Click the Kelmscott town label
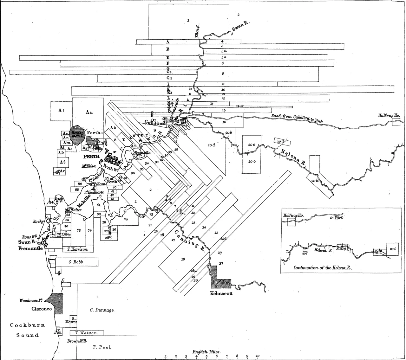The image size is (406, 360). click(221, 293)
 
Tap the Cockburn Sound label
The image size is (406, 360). click(27, 330)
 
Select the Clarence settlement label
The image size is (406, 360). click(42, 309)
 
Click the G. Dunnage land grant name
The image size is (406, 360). click(100, 310)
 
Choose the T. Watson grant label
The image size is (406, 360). click(86, 333)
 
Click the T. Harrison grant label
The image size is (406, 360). click(77, 249)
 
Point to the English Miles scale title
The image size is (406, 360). click(206, 352)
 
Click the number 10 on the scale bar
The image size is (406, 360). click(258, 356)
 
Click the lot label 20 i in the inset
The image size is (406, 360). click(393, 249)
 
